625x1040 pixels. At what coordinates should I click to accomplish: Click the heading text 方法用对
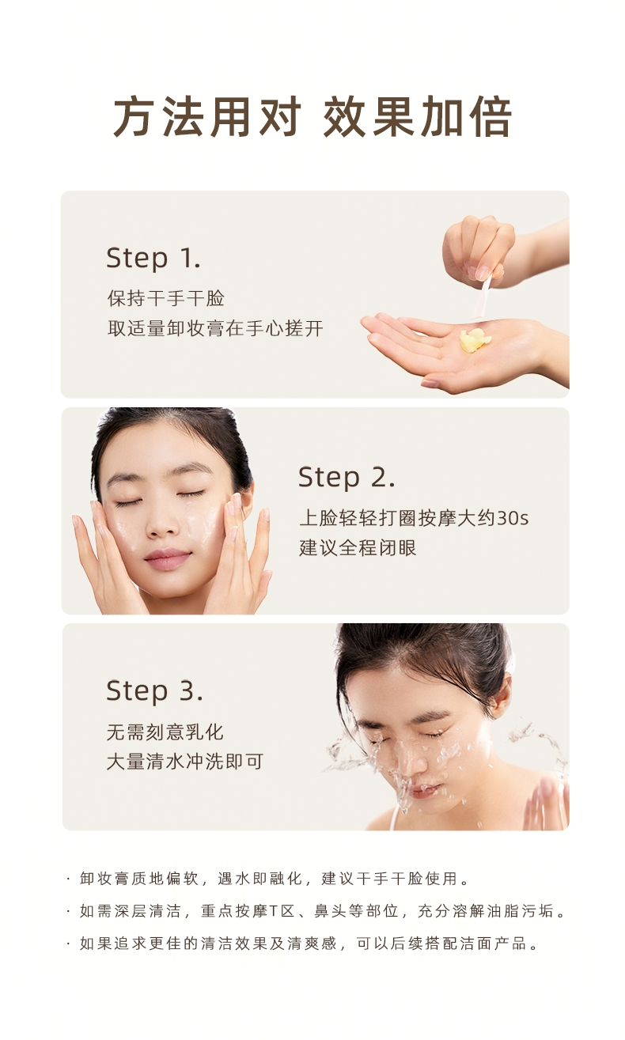click(207, 116)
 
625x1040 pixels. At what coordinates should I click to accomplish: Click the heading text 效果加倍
click(418, 116)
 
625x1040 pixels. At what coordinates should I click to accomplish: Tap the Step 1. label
click(153, 258)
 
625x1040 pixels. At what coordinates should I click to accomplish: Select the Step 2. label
click(347, 477)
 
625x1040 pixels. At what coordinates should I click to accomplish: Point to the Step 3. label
click(154, 691)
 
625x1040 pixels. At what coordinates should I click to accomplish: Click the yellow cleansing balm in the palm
click(474, 340)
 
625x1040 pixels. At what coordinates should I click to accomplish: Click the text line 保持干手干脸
click(166, 298)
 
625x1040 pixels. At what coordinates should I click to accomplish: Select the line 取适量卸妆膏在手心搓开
click(215, 328)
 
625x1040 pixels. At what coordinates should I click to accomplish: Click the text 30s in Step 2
click(513, 518)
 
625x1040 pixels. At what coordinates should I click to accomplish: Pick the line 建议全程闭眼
click(358, 548)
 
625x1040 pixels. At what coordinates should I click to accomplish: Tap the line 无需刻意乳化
click(165, 732)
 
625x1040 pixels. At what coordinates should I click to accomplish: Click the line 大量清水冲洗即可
click(185, 762)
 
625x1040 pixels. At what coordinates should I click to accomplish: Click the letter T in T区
click(273, 911)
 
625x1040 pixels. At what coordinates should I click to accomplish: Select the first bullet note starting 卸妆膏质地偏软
click(274, 879)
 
